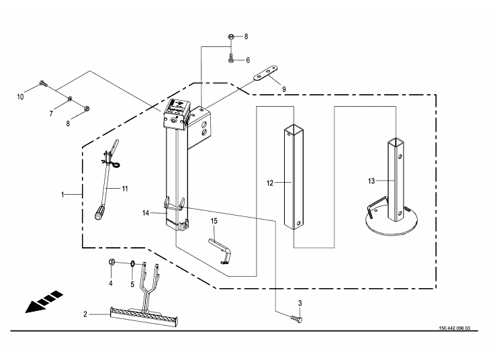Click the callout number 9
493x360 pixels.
point(284,89)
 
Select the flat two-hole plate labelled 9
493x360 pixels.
point(266,73)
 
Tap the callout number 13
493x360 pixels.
point(371,181)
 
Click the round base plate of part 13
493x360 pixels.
point(392,223)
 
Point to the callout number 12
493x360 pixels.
point(270,183)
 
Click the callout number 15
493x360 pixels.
point(214,221)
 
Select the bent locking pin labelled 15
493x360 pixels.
point(222,249)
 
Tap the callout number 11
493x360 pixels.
point(125,189)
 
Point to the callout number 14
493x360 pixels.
point(146,213)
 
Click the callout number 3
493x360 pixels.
point(300,303)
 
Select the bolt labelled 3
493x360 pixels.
point(296,319)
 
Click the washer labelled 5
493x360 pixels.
point(133,263)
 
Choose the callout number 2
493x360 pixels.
point(85,314)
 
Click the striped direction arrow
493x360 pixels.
point(44,302)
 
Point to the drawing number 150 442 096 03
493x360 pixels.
point(455,328)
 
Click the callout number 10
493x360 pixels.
point(20,97)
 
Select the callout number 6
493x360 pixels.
point(248,60)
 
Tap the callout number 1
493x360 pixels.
point(62,195)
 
